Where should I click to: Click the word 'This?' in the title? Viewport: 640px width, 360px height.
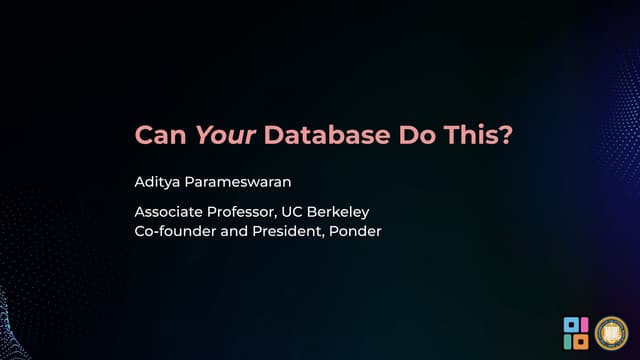click(483, 135)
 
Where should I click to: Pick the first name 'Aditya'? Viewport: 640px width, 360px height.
click(159, 183)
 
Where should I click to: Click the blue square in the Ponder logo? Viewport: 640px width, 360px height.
click(570, 324)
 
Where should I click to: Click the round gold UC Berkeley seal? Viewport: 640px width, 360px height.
click(611, 332)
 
